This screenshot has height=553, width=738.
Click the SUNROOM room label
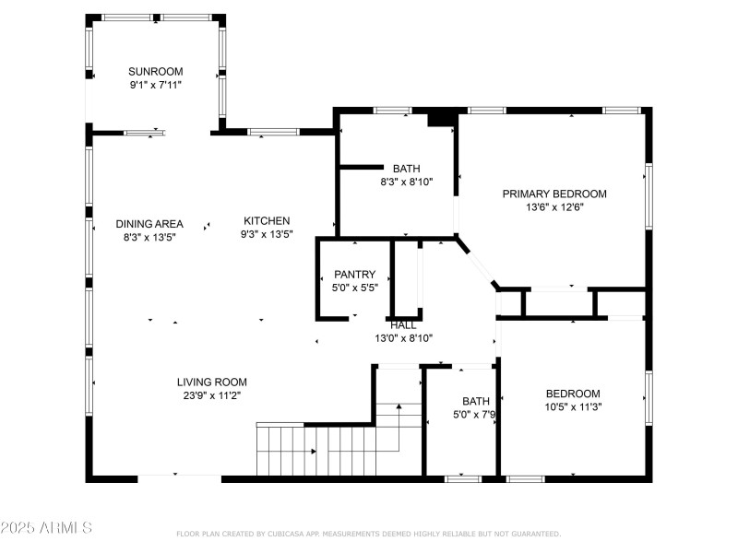[x=155, y=71]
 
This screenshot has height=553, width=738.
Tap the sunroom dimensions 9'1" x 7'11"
[x=155, y=85]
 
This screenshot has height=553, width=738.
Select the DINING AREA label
[x=149, y=224]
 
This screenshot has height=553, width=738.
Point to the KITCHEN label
[x=267, y=221]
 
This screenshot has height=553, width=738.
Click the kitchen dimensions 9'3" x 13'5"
[x=267, y=235]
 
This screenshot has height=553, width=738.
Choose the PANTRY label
[x=355, y=274]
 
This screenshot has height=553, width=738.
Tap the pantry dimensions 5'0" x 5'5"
[x=355, y=288]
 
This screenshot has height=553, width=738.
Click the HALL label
[x=403, y=325]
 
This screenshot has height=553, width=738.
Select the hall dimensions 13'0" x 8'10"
[x=403, y=338]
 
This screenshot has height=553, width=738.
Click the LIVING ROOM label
[x=212, y=382]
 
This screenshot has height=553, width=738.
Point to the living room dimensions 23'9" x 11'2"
[x=212, y=395]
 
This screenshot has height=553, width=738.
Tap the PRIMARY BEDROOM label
[x=554, y=194]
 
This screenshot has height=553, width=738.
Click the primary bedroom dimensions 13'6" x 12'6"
[x=554, y=207]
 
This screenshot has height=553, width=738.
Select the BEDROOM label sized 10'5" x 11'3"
[x=573, y=393]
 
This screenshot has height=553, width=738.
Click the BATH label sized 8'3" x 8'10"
[x=407, y=169]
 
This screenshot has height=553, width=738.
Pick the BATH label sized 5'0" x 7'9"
[x=476, y=401]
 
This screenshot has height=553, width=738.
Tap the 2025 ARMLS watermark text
[x=46, y=528]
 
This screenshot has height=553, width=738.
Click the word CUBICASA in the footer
[x=292, y=534]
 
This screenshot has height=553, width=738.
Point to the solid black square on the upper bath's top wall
[x=443, y=118]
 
